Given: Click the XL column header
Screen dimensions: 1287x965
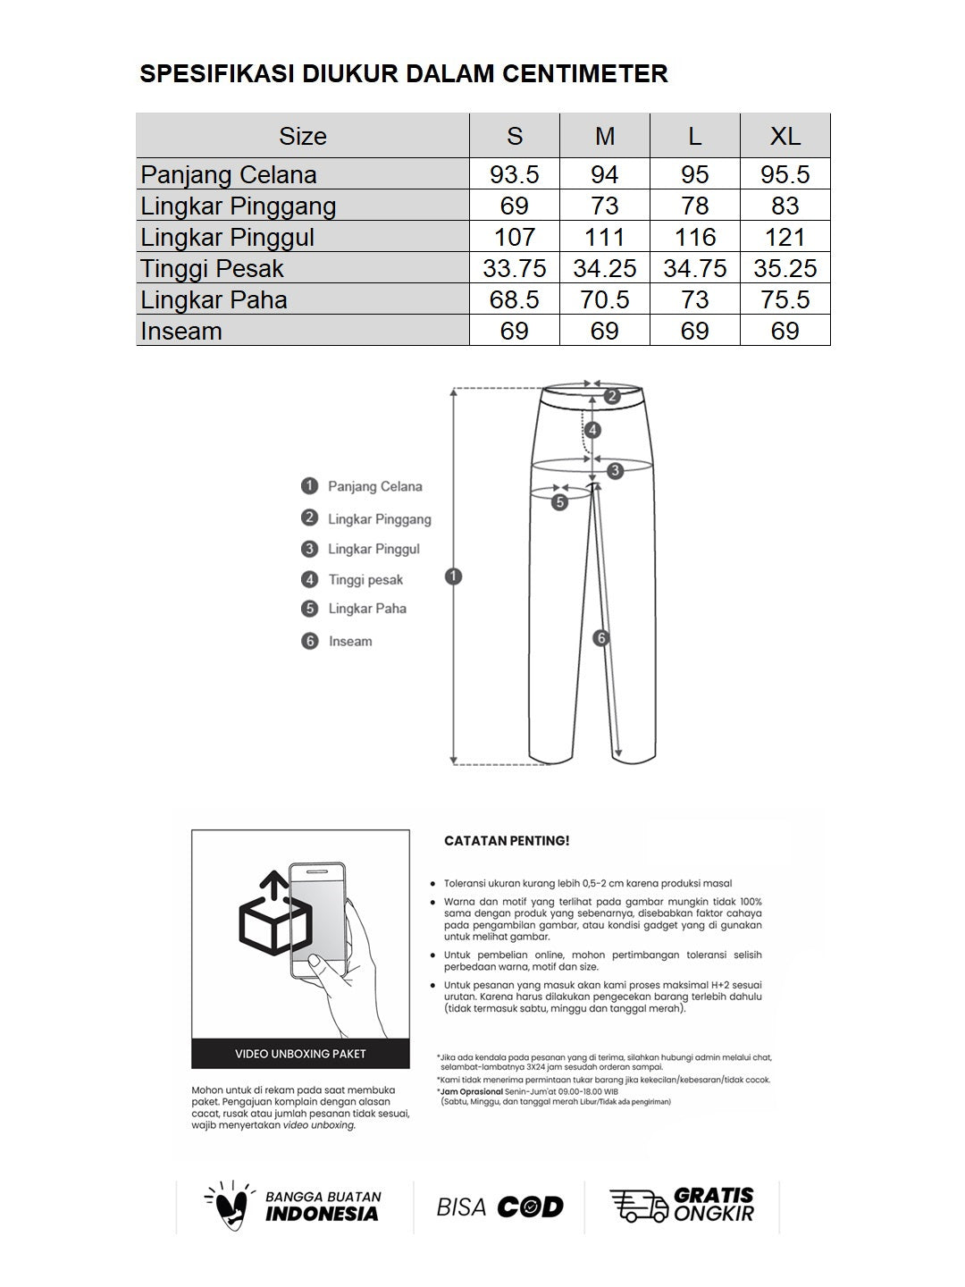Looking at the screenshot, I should (785, 136).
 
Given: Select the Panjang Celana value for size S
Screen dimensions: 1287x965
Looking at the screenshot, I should (514, 174).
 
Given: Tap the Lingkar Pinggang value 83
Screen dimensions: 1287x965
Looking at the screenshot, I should (785, 206).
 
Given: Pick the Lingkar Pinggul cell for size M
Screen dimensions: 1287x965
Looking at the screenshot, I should (604, 237).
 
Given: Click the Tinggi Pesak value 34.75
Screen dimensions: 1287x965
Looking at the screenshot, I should (694, 268).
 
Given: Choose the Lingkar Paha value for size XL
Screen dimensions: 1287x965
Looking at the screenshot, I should (785, 299).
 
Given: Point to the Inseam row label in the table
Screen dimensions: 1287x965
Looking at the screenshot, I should (181, 331).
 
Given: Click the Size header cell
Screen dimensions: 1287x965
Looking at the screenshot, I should (302, 136).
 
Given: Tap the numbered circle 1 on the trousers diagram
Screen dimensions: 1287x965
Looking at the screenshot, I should (453, 576).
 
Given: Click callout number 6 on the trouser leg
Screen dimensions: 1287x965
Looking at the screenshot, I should (601, 638).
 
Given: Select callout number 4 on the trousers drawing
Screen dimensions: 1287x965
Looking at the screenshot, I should (592, 430).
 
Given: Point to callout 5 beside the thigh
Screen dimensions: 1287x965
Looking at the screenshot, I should (559, 502).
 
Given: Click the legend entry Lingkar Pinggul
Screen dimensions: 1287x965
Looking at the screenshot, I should (373, 549).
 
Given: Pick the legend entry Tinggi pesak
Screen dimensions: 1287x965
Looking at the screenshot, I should (365, 580).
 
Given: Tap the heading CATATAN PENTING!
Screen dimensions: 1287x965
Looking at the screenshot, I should (507, 841).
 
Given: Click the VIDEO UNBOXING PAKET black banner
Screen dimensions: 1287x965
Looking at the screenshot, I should (300, 1054).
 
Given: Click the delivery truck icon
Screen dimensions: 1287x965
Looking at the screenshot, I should (638, 1206).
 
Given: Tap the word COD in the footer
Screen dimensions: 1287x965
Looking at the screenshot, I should (530, 1207).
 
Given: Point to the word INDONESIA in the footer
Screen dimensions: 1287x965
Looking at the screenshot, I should (322, 1214).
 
